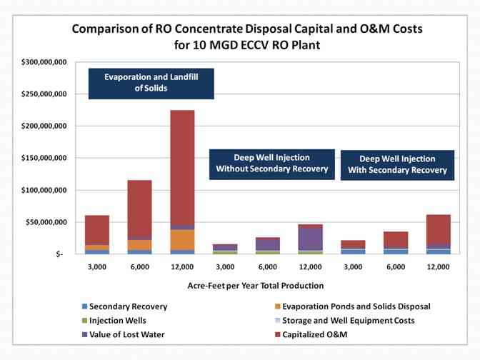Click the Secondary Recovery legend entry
[128, 306]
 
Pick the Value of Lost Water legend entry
[126, 334]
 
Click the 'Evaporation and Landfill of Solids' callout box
[151, 84]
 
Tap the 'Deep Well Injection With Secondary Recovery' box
[397, 164]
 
